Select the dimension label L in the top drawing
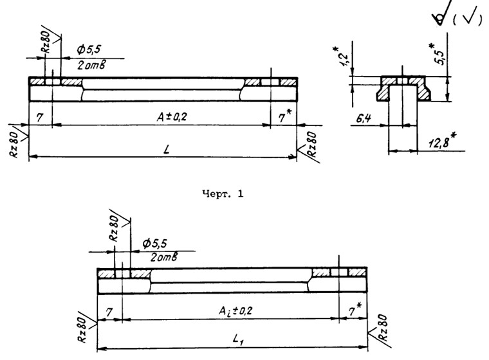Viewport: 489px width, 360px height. pyautogui.click(x=166, y=149)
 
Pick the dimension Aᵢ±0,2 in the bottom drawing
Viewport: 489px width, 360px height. pyautogui.click(x=231, y=310)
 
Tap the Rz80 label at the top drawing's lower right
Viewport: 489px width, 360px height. pyautogui.click(x=311, y=143)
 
